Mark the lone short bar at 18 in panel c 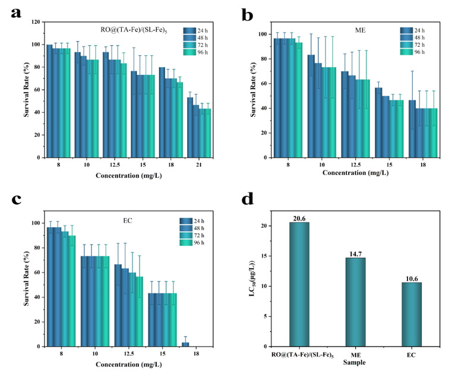click(x=185, y=344)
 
